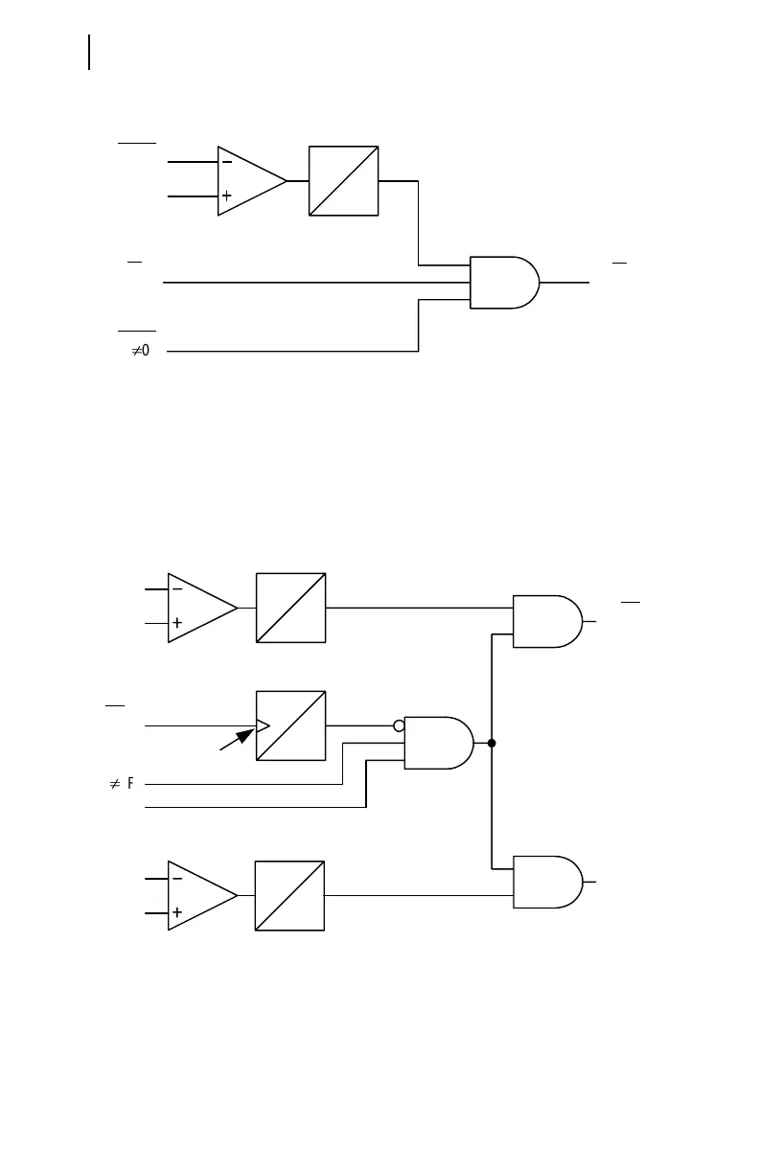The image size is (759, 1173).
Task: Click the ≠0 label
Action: point(140,352)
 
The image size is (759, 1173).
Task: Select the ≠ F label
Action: point(121,784)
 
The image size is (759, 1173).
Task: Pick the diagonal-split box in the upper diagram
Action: point(344,180)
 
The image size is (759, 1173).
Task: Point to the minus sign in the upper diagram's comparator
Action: point(227,163)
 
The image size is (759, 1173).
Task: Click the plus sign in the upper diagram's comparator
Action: point(227,195)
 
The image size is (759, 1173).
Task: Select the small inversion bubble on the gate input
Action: point(400,726)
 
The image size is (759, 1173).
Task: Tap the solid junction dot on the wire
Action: point(491,743)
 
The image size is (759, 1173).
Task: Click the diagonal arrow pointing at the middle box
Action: point(237,739)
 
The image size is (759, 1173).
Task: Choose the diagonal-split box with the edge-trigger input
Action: point(291,725)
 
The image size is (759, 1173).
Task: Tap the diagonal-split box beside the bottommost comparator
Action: point(289,895)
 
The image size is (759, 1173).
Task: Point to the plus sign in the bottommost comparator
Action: point(177,912)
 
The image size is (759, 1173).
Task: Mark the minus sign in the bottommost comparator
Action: point(177,878)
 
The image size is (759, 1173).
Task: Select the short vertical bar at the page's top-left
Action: point(89,53)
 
